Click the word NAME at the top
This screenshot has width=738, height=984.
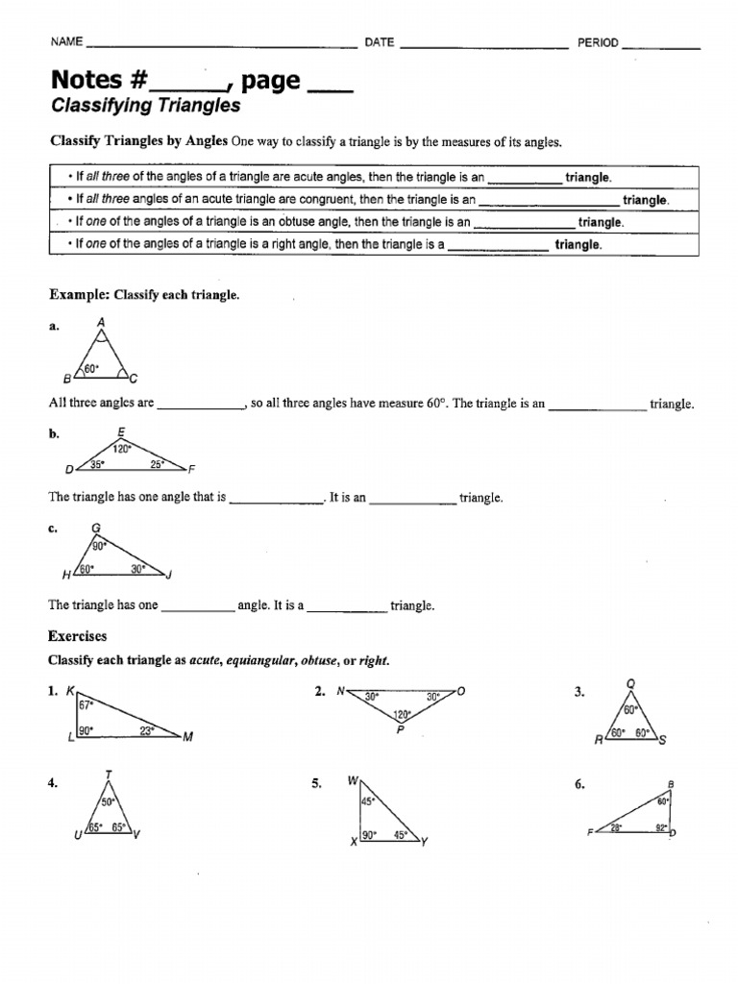click(66, 42)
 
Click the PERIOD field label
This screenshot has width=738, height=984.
click(597, 42)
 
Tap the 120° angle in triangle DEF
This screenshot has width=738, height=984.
click(122, 449)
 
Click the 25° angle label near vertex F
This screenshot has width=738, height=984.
click(158, 465)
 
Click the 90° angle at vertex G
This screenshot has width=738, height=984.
click(98, 546)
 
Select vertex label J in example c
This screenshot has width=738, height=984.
click(168, 576)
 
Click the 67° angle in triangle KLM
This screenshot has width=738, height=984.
click(85, 704)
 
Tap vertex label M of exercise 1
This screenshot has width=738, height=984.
click(188, 737)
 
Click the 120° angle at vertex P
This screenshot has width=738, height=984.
click(402, 714)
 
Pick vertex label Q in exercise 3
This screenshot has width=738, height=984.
click(630, 684)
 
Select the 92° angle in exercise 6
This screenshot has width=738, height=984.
click(662, 825)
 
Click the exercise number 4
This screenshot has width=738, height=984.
click(53, 784)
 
